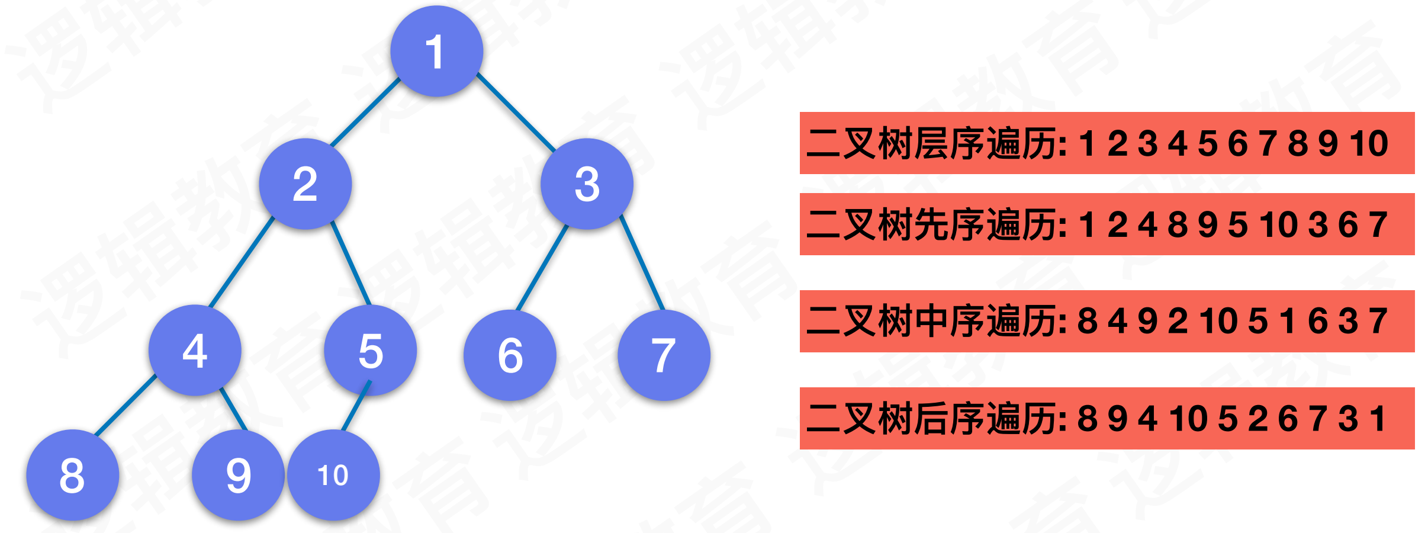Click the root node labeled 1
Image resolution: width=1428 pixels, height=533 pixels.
coord(436,52)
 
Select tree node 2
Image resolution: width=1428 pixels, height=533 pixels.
coord(305,184)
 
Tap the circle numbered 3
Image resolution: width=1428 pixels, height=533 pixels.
coord(587,184)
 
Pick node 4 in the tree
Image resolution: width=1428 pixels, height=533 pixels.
coord(195,351)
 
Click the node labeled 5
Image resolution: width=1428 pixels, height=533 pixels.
coord(370,351)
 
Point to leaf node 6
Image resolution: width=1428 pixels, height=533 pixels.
coord(510,355)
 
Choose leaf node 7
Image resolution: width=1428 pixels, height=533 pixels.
coord(664,355)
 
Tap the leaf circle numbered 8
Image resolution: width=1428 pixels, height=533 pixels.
coord(72,475)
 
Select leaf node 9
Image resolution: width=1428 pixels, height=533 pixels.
coord(238,475)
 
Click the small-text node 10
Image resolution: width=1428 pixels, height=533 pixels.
coord(333,475)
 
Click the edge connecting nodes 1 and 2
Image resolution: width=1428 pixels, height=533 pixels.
coord(365,113)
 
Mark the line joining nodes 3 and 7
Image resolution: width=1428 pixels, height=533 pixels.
coord(642,263)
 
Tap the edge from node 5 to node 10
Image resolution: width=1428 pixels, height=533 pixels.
coord(356,406)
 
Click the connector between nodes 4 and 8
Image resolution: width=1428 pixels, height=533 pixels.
coord(126,406)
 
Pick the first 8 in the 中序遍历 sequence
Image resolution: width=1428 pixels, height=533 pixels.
coord(1087,322)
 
